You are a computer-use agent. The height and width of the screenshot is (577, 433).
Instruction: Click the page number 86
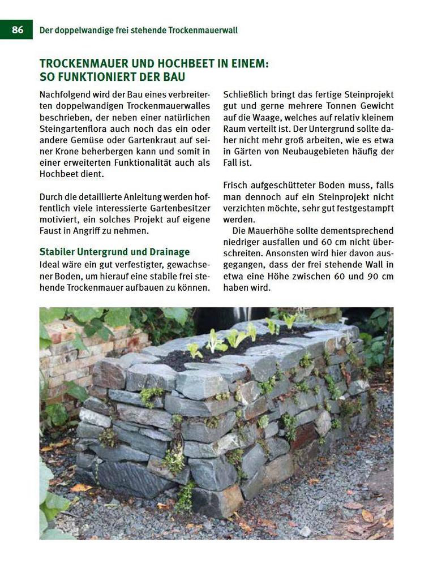(18, 29)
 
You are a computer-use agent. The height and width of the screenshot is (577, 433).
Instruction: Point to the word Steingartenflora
(74, 128)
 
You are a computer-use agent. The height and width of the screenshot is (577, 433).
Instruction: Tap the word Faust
(52, 231)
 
